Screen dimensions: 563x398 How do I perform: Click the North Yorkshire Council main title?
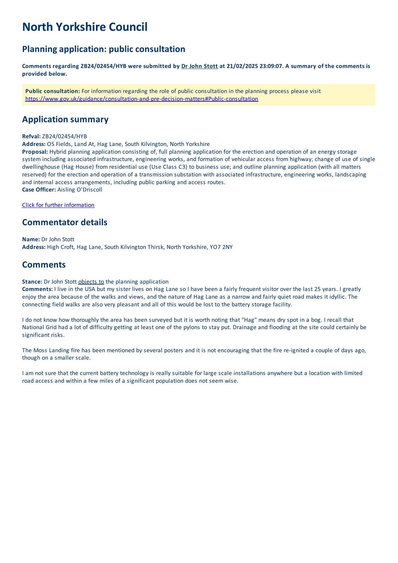(85, 27)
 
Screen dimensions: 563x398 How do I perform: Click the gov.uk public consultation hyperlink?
(142, 99)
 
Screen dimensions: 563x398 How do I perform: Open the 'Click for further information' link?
(58, 205)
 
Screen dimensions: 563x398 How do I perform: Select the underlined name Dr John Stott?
(199, 66)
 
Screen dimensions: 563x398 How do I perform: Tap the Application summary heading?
(65, 119)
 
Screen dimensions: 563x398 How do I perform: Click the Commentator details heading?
(64, 222)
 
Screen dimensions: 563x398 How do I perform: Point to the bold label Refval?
(31, 137)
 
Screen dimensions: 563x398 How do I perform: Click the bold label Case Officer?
(39, 190)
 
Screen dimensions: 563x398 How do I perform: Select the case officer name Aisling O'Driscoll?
(80, 190)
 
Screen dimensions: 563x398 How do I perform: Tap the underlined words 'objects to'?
(91, 282)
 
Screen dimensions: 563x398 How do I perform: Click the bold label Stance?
(32, 282)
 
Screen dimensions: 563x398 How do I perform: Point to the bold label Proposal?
(35, 152)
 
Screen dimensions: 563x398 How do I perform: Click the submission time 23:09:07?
(271, 66)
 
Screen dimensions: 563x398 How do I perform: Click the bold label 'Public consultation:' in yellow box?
(52, 91)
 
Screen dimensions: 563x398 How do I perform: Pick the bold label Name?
(31, 239)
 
